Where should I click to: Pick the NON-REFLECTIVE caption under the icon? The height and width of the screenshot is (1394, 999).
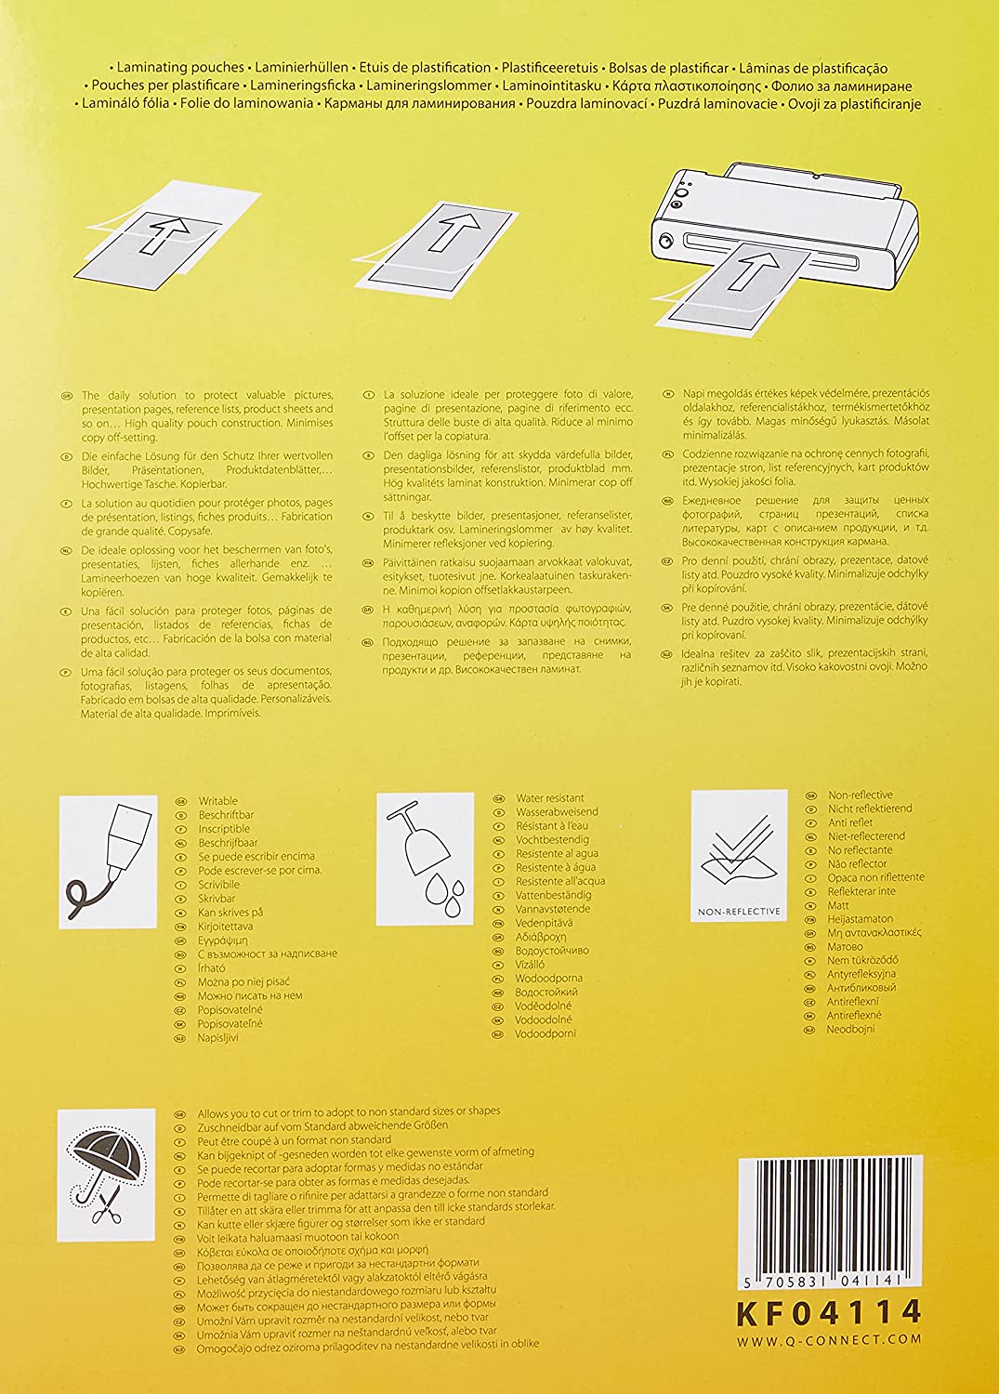pyautogui.click(x=739, y=912)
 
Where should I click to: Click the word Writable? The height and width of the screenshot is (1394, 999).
pyautogui.click(x=218, y=801)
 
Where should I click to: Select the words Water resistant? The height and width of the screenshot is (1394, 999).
pyautogui.click(x=550, y=797)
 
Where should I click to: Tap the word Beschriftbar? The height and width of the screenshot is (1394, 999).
pyautogui.click(x=226, y=815)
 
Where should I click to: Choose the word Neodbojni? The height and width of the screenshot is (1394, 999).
pyautogui.click(x=851, y=1029)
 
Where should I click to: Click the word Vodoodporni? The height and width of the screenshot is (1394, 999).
pyautogui.click(x=546, y=1033)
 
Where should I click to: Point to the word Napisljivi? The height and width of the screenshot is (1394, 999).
pyautogui.click(x=218, y=1037)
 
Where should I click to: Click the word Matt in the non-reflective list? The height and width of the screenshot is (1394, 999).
pyautogui.click(x=838, y=904)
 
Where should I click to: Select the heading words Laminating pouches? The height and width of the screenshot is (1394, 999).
pyautogui.click(x=181, y=68)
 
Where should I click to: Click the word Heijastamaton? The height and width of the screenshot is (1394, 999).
pyautogui.click(x=861, y=918)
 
